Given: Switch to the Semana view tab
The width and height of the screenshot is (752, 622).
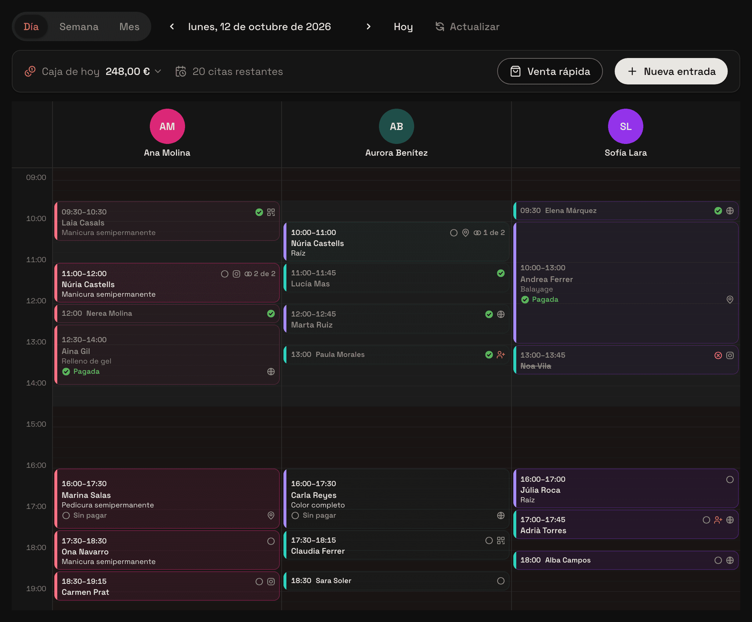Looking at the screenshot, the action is (79, 27).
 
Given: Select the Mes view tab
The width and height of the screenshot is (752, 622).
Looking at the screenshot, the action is (129, 27).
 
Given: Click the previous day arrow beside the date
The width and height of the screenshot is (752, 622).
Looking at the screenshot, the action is (172, 26).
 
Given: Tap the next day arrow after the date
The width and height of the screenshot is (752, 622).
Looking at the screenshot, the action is (369, 26).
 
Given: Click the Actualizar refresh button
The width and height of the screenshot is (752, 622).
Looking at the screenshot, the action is (467, 27).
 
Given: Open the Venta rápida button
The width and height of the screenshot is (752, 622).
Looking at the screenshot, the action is (550, 71).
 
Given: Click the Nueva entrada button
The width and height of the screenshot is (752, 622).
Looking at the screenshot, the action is (671, 71).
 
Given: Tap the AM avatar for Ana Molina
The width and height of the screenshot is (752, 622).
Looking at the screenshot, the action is (167, 126).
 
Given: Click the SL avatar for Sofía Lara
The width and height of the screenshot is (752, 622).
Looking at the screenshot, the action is (626, 126).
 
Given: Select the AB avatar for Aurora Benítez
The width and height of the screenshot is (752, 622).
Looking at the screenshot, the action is (397, 126).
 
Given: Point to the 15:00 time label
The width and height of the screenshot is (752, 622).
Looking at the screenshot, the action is (36, 424).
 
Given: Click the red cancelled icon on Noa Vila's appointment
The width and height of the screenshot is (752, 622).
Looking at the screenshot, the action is (718, 355).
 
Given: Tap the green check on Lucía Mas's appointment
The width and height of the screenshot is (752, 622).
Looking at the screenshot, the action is (501, 273).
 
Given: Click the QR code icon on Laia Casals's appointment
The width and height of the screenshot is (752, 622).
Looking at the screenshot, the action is (271, 212).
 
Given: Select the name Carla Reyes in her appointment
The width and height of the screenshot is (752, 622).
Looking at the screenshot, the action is (314, 495).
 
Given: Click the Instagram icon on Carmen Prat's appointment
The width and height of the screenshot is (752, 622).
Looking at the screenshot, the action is (271, 582).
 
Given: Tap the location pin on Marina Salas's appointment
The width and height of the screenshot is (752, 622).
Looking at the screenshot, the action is (271, 516).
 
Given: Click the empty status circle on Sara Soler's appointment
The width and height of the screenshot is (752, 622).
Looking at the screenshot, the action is (501, 581).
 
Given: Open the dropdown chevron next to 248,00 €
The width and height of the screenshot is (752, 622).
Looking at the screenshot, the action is (158, 71).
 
